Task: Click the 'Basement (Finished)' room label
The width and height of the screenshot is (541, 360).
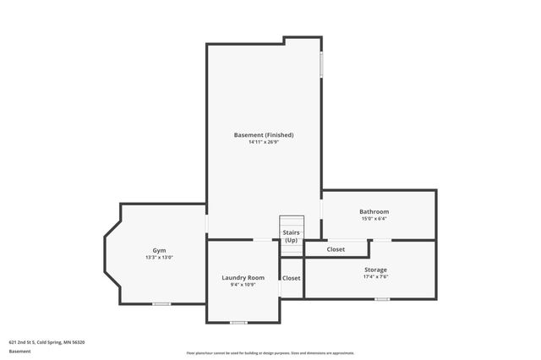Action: coord(264,135)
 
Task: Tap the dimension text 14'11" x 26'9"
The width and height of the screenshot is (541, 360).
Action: coord(264,143)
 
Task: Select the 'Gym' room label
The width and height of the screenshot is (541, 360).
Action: coord(159,250)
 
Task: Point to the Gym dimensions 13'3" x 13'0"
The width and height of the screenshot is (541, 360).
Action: coord(159,258)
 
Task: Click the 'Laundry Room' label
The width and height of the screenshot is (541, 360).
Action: coord(243,277)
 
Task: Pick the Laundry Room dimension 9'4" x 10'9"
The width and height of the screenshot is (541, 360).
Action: coord(243,285)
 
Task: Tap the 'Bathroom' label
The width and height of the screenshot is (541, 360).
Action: coord(374,211)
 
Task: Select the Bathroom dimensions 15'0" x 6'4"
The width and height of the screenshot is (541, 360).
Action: coord(374,219)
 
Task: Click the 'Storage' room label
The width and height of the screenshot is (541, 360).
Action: coord(375,270)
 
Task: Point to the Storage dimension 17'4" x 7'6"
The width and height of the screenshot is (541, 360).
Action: coord(375,277)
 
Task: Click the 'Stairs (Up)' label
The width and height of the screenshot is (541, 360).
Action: coord(291,236)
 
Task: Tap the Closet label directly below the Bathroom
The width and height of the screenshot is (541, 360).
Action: coord(336,249)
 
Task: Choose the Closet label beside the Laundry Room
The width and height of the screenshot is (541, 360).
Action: coord(291,277)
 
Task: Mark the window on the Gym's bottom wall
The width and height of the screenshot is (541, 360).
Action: coord(161,303)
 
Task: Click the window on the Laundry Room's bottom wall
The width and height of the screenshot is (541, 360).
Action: coord(238,322)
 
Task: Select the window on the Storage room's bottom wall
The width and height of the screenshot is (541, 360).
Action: coord(382,298)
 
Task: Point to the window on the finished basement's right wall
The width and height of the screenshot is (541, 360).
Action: coord(321,65)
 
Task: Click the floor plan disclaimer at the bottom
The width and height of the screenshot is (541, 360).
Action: coord(270,353)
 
